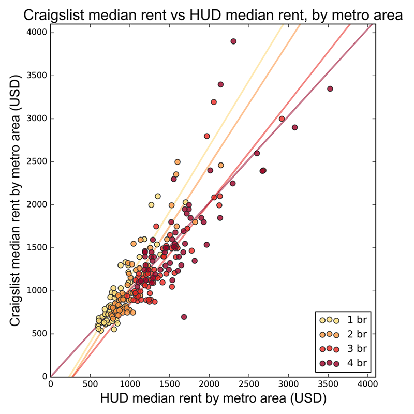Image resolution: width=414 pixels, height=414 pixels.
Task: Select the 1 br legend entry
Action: (x=347, y=319)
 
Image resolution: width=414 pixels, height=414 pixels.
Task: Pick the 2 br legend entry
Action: (x=347, y=334)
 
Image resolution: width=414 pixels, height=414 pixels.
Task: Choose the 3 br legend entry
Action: (x=347, y=348)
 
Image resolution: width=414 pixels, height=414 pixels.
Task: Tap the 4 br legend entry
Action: (x=347, y=363)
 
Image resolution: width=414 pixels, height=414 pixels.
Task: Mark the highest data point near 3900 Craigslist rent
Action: (x=233, y=41)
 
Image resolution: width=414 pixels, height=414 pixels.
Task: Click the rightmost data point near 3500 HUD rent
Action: (x=330, y=88)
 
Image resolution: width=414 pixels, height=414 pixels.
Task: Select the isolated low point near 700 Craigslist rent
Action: (x=184, y=317)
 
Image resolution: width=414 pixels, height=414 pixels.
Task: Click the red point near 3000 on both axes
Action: (x=282, y=119)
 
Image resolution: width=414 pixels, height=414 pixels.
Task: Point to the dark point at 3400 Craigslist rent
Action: (x=220, y=84)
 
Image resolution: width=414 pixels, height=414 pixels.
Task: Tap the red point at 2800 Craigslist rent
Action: (x=207, y=136)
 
